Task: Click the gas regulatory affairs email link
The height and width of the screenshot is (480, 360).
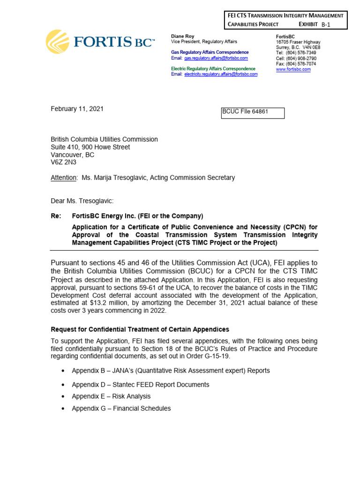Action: coord(216,58)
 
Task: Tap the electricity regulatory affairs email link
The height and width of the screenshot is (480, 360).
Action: coord(221,74)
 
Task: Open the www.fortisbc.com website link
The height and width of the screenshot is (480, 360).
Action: coord(293,69)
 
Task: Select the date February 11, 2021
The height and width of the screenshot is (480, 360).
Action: coord(77,109)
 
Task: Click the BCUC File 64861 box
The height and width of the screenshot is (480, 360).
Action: coord(252,113)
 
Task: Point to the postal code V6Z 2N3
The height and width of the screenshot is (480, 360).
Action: coord(63,163)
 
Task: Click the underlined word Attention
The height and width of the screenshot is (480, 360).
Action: coord(63,178)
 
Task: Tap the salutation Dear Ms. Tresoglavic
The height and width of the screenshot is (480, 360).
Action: coord(82,201)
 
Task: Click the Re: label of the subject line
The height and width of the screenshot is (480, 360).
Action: coord(56,216)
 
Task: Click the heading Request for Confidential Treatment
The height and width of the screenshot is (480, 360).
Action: coord(140,330)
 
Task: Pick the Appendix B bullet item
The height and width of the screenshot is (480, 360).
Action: coord(171,370)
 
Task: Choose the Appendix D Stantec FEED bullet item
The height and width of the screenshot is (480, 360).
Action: coord(140,384)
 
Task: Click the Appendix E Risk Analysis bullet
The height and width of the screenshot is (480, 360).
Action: coord(111,396)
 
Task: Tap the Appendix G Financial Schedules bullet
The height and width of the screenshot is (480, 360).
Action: coord(121,408)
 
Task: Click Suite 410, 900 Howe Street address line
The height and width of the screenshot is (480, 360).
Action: coord(90,147)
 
